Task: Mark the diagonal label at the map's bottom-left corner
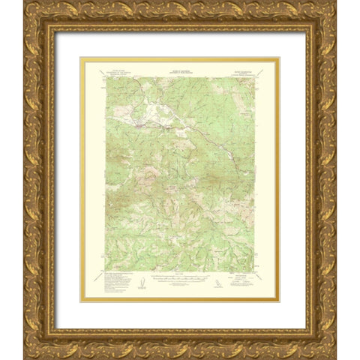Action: click(x=97, y=277)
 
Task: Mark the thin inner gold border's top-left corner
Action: click(x=82, y=58)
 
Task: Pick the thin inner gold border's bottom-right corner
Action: click(x=278, y=301)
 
